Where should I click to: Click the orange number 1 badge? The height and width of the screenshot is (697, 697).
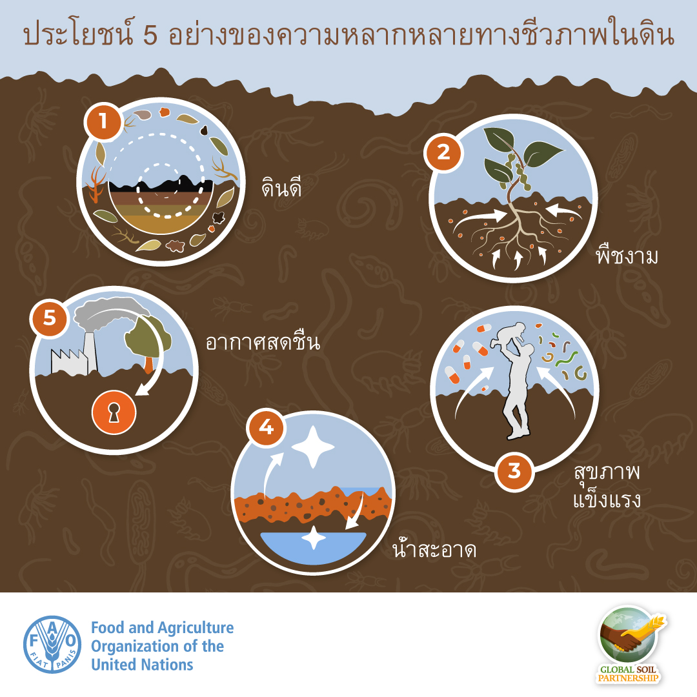click(x=104, y=121)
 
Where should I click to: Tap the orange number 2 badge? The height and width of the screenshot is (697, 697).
click(x=443, y=152)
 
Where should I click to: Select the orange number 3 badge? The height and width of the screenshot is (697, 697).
click(x=514, y=471)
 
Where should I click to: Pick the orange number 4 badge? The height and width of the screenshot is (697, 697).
click(x=267, y=427)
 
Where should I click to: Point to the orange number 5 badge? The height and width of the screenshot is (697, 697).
click(x=49, y=318)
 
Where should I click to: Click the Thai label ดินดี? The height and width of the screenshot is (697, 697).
click(x=281, y=187)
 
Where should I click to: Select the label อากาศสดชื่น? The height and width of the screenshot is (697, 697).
click(x=263, y=341)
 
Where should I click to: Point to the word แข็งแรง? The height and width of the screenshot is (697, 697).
click(x=607, y=499)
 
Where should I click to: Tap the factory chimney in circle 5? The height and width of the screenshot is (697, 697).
click(x=89, y=351)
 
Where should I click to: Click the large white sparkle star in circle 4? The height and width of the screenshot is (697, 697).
click(x=313, y=447)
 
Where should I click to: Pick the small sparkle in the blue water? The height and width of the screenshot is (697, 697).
click(x=314, y=538)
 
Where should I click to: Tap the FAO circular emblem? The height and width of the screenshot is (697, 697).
click(x=52, y=645)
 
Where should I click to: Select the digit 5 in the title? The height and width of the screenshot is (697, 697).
click(x=150, y=35)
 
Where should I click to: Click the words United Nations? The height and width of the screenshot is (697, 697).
click(x=142, y=665)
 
